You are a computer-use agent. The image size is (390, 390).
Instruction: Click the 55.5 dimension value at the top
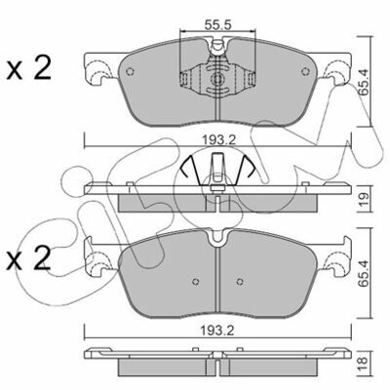coord(217,24)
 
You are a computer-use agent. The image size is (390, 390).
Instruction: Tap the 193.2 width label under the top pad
coord(217,140)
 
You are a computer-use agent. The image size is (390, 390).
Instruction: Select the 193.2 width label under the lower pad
coord(217,331)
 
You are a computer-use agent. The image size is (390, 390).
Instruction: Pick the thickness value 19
coord(364,198)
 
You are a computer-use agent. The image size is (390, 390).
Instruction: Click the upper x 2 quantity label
coord(28,67)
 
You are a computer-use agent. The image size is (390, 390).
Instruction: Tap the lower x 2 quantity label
coord(28,257)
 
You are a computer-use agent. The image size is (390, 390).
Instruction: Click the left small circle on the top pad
coord(130,72)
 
